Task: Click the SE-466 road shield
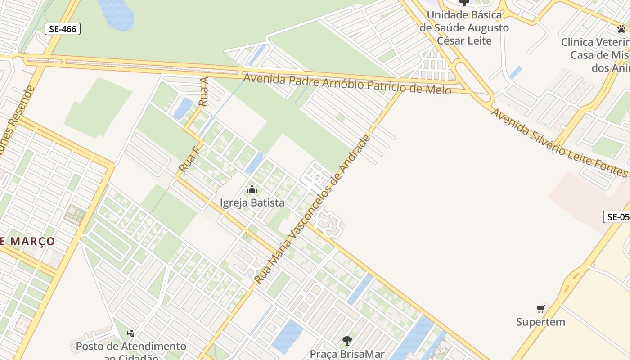(x=63, y=29)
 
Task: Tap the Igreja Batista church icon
(x=252, y=189)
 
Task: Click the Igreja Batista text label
(x=252, y=202)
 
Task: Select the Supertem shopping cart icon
(x=540, y=309)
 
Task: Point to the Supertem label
(x=540, y=322)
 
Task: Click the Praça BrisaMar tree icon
(x=346, y=340)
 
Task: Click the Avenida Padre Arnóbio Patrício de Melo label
(x=347, y=84)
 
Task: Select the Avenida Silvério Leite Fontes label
(x=558, y=142)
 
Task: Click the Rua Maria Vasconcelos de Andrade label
(x=313, y=209)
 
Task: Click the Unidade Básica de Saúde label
(x=464, y=27)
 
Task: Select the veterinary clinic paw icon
(x=621, y=29)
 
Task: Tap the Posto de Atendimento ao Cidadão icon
(x=130, y=333)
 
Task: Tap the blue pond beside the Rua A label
(x=183, y=108)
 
